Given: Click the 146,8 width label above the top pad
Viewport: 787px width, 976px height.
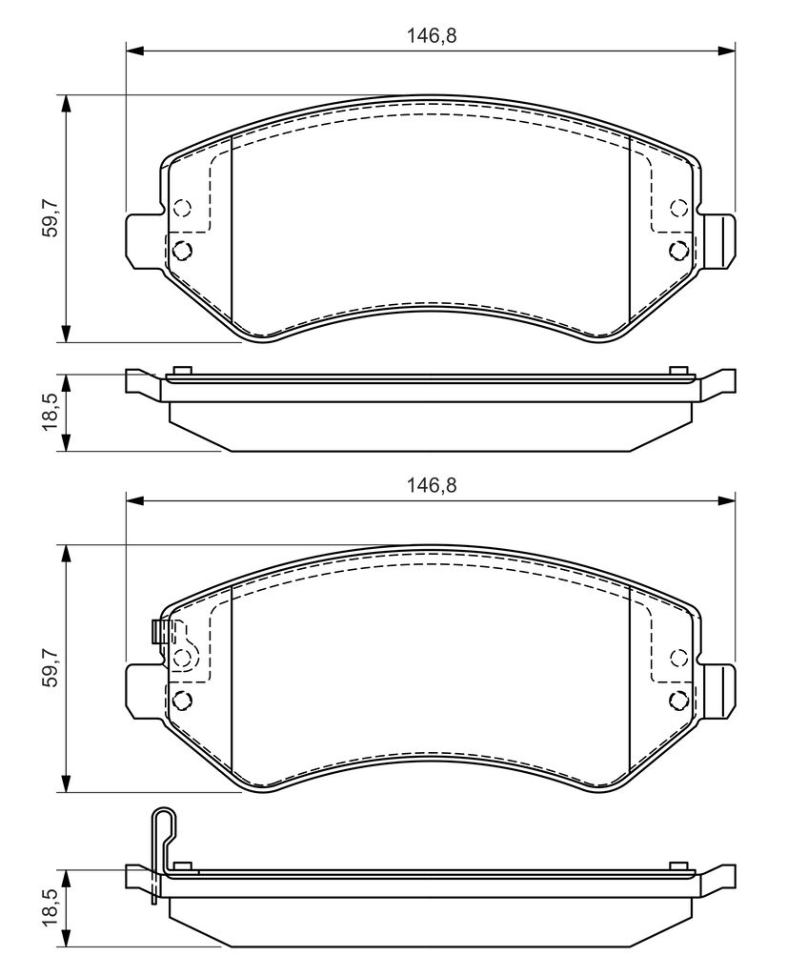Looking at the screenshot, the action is tap(432, 35).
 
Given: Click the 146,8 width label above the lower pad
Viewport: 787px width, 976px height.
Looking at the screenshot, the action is tap(432, 485).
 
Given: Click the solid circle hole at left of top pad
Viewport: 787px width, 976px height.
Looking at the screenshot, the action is tap(182, 251).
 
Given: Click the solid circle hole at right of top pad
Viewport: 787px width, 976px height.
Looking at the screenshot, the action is tap(678, 251).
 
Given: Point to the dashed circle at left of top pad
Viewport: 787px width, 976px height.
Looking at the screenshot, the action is tap(182, 207).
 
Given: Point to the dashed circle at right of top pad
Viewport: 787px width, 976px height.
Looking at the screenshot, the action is tap(678, 207).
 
